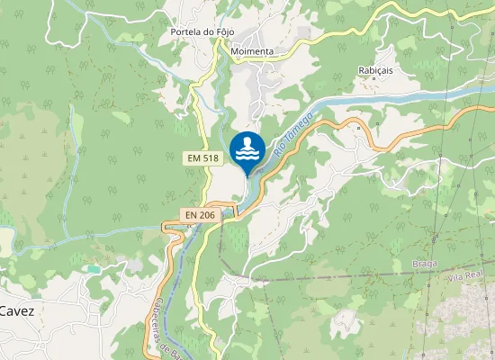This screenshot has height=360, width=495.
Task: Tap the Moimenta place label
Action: [x=252, y=52]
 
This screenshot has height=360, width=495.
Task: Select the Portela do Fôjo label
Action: [x=202, y=32]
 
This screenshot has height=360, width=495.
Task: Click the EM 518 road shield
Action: [x=204, y=157]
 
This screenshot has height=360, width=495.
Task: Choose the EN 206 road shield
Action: [x=200, y=215]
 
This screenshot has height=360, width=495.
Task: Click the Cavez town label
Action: [x=17, y=310]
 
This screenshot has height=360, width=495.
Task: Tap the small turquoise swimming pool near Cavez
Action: [x=94, y=269]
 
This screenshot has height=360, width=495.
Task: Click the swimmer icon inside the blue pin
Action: [x=247, y=148]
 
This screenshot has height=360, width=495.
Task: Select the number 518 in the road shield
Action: [x=211, y=157]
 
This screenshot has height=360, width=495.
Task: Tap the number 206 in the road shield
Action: [x=207, y=215]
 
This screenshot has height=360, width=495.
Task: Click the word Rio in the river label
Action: [x=280, y=153]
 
